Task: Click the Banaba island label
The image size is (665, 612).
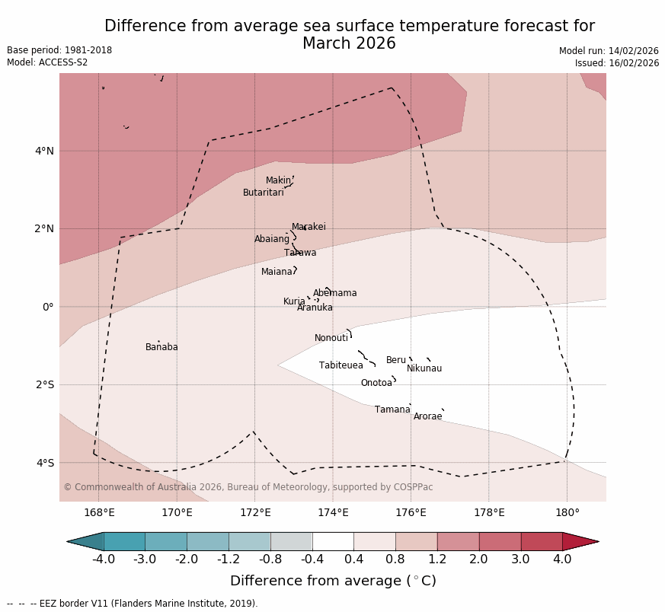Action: coord(161,347)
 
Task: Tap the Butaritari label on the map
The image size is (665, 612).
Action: coord(263,193)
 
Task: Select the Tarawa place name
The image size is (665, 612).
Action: coord(300,253)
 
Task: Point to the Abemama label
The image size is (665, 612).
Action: coord(334,293)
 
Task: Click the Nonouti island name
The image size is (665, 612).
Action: coord(331,338)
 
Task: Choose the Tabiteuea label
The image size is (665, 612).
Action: coord(340,365)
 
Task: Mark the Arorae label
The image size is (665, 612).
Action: coord(427,416)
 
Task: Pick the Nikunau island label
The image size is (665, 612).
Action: coord(424,368)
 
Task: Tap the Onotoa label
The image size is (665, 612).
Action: coord(376,383)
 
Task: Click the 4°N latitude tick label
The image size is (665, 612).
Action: coord(44,151)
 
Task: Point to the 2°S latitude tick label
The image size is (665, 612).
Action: coord(44,384)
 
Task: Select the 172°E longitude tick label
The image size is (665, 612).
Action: coord(255,512)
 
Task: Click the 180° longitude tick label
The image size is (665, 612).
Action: coord(567,512)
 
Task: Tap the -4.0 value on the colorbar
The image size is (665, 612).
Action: coord(104,559)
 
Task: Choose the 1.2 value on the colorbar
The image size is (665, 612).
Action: coord(437,559)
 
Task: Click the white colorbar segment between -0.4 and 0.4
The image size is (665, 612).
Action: coord(333,541)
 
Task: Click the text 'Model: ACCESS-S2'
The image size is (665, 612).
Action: coord(47,62)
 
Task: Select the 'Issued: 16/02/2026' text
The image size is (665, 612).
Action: coord(617,63)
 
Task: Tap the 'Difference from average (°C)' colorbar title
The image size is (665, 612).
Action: coord(333,581)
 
